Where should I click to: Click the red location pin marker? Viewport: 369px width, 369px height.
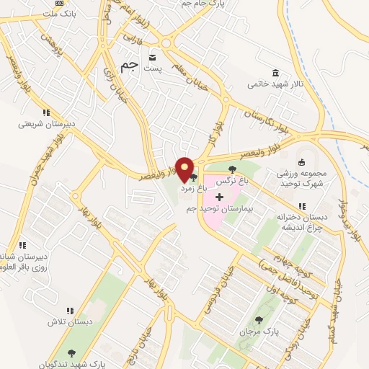[185, 170]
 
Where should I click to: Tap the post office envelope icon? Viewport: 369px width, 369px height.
[152, 57]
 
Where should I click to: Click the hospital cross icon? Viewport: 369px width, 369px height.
[219, 197]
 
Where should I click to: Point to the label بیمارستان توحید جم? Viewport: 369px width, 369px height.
[221, 208]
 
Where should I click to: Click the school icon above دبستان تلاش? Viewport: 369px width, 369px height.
[68, 311]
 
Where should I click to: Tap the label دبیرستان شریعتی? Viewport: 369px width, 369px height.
[45, 123]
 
